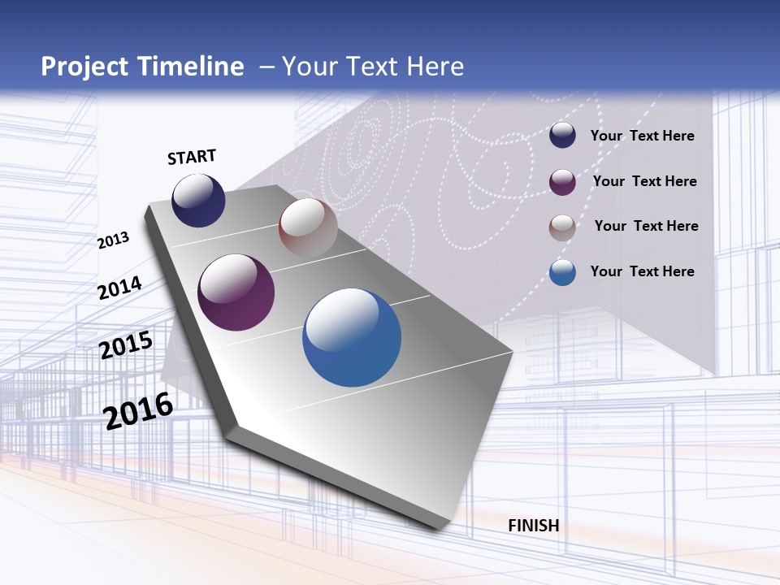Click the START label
click(x=192, y=157)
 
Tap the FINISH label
click(x=534, y=526)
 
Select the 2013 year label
click(x=114, y=240)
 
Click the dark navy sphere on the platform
click(x=198, y=200)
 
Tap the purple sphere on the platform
click(x=236, y=292)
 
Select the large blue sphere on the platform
click(x=352, y=337)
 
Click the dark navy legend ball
click(x=562, y=135)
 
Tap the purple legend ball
click(x=562, y=181)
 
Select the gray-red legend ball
click(x=562, y=227)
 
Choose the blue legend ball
click(x=562, y=272)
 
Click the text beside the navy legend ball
click(x=642, y=136)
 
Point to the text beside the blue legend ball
click(x=642, y=271)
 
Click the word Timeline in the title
click(x=191, y=67)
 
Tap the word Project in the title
click(x=83, y=67)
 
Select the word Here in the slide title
click(x=435, y=67)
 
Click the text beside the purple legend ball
click(x=644, y=181)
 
